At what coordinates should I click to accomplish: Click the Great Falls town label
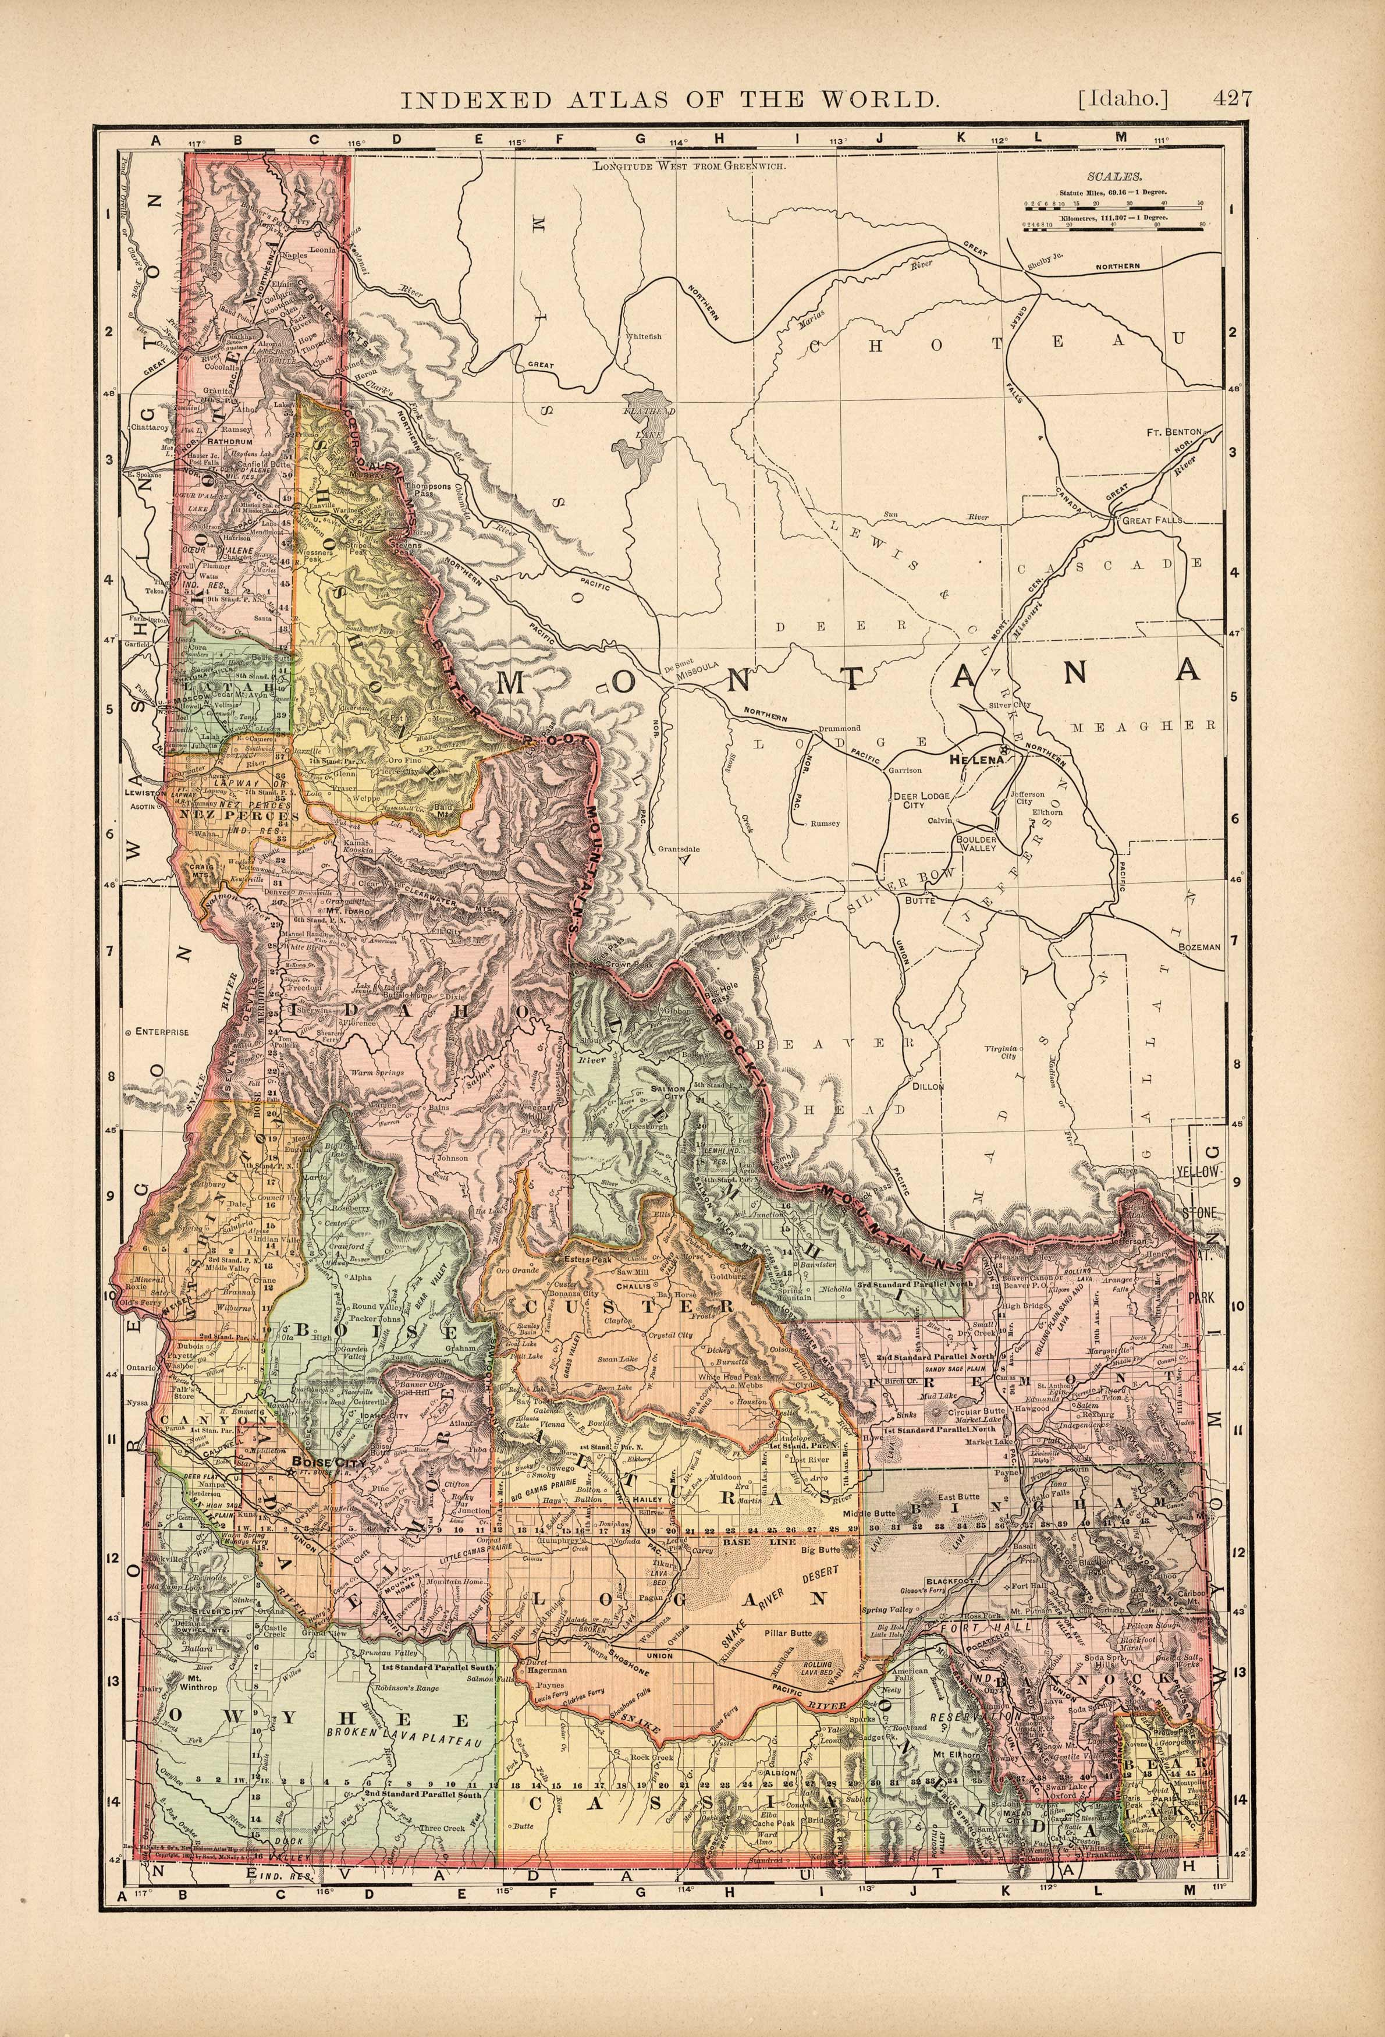(x=1151, y=519)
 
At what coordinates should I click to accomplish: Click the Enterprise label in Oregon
(x=161, y=1032)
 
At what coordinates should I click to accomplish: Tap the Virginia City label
(x=999, y=1053)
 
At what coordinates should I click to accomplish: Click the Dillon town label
(x=929, y=1086)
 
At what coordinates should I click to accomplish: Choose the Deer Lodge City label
(x=914, y=801)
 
